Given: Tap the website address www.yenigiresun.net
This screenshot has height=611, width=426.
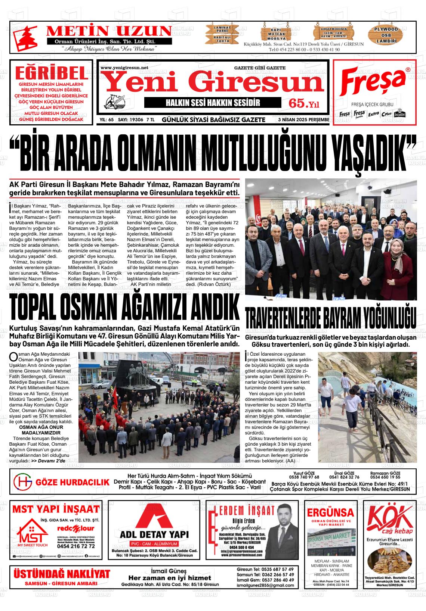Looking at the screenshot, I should [124, 68].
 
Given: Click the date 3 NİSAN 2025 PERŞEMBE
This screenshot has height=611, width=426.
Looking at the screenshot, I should [304, 120].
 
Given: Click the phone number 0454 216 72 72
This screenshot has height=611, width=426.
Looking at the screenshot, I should [76, 546].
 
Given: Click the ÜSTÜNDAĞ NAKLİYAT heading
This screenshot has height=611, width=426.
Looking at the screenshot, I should [62, 574].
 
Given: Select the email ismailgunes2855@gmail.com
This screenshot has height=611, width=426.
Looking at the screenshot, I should [265, 585].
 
